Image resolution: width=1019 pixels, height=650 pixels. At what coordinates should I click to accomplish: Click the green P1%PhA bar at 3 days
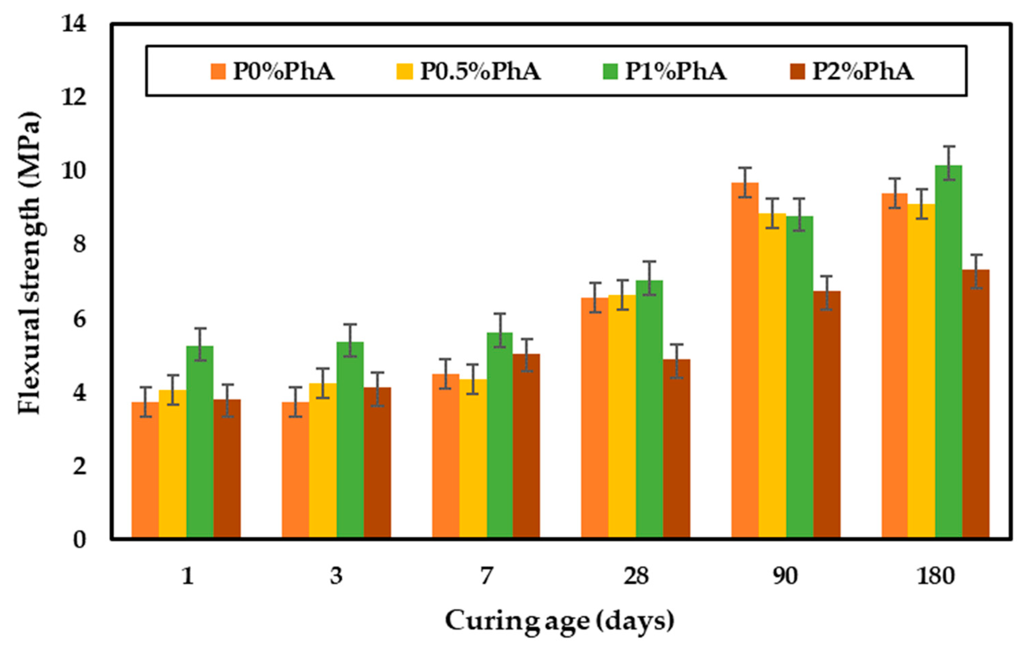350,440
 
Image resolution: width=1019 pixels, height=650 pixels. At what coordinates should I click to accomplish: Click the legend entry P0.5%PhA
480,71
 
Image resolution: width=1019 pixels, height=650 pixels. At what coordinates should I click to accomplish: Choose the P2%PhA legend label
862,71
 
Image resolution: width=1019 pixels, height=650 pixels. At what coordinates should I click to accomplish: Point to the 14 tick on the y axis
74,24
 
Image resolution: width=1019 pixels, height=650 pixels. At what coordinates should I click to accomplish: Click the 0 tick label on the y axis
79,540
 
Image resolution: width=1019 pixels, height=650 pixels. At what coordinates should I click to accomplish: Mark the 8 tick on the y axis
79,245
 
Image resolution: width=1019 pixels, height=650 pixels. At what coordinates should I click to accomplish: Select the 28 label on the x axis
636,576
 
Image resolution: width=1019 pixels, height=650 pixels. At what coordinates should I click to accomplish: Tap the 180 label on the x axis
935,576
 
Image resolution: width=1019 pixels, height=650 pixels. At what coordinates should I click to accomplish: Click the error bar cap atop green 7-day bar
500,314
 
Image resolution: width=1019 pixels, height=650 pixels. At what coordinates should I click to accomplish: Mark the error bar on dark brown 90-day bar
826,293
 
